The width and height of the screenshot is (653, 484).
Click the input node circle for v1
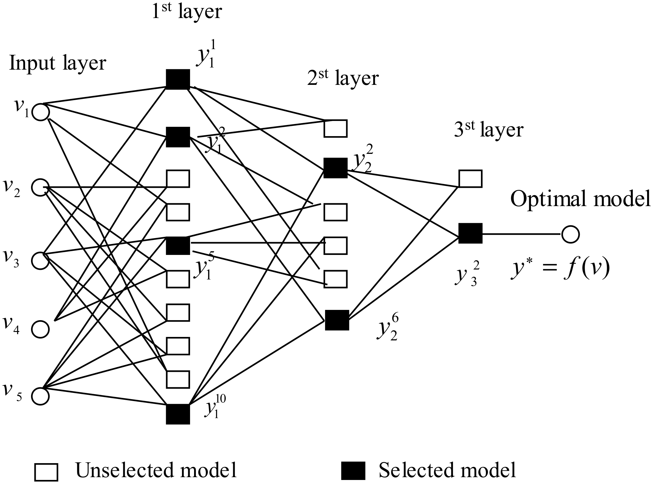click(41, 112)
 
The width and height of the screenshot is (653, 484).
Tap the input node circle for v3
click(40, 260)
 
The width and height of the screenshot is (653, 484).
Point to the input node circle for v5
click(40, 396)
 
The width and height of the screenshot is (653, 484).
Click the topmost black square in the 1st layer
click(178, 79)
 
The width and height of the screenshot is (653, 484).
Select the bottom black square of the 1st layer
click(178, 414)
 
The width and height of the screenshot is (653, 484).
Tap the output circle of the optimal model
click(570, 234)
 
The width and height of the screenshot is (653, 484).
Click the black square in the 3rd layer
click(470, 233)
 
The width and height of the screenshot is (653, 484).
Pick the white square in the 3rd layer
click(470, 179)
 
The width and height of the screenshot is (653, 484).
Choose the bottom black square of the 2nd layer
click(337, 320)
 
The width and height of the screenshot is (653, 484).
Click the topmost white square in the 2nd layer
click(336, 128)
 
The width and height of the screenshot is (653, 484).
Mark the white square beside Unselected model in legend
click(46, 472)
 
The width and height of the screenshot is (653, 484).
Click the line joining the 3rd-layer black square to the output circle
click(522, 234)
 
